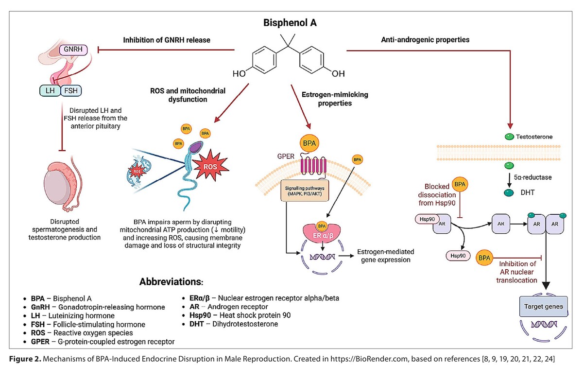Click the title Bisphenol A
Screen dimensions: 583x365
click(x=290, y=23)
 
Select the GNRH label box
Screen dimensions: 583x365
click(x=73, y=50)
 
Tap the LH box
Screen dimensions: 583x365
click(x=50, y=90)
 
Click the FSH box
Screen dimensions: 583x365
click(x=71, y=90)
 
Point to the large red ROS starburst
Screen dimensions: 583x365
click(x=210, y=166)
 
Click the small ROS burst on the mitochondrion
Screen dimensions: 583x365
click(x=137, y=172)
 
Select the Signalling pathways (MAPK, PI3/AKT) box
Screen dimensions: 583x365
click(x=305, y=191)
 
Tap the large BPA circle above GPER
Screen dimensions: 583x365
click(x=309, y=143)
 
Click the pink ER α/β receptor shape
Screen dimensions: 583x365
click(x=322, y=233)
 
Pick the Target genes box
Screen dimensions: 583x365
click(x=544, y=307)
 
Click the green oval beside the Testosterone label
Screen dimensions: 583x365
click(x=509, y=137)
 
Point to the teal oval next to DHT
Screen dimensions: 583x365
click(x=509, y=193)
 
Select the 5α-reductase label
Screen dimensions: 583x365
click(x=533, y=177)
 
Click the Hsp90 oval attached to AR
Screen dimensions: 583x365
click(x=427, y=219)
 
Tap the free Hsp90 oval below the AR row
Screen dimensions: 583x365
click(x=458, y=256)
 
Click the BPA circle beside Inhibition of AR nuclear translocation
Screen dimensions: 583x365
click(x=484, y=258)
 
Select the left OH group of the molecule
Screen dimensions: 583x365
click(x=239, y=74)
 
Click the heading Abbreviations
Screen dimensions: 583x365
click(x=171, y=282)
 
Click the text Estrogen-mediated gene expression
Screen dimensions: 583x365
click(x=385, y=256)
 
